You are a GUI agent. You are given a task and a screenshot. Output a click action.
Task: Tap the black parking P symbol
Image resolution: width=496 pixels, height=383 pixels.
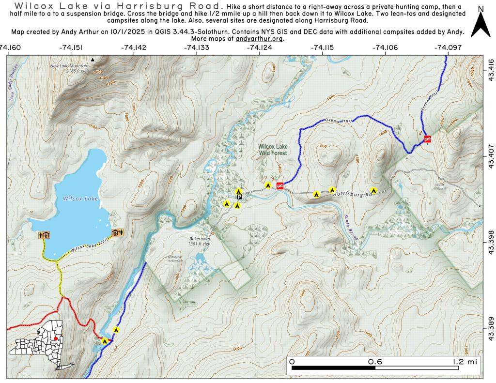pos(239,197)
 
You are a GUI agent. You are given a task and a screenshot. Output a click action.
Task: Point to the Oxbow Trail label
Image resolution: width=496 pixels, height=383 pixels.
pos(337,119)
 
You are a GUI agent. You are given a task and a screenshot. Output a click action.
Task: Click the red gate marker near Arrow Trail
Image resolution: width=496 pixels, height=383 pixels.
pos(427,139)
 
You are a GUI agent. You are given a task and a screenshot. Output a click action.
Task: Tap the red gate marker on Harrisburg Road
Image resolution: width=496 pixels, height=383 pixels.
pos(280,185)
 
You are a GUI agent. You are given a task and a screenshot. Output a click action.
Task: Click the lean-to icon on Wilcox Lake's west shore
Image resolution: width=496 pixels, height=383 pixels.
pos(44,235)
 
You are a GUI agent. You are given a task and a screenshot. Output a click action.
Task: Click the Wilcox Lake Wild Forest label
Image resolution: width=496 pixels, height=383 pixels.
pos(273,149)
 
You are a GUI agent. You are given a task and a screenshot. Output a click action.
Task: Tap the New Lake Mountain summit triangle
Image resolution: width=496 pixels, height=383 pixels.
pos(93,60)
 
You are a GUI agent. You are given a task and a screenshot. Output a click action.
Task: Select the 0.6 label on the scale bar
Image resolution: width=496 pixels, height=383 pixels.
pos(375,362)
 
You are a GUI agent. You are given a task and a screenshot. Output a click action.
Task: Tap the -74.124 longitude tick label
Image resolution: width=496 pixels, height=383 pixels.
pos(260,47)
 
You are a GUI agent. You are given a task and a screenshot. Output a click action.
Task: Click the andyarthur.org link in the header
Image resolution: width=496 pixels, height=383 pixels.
pos(260,39)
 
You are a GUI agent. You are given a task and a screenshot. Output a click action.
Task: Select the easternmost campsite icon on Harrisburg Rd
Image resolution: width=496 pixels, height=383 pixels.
pos(373,190)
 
